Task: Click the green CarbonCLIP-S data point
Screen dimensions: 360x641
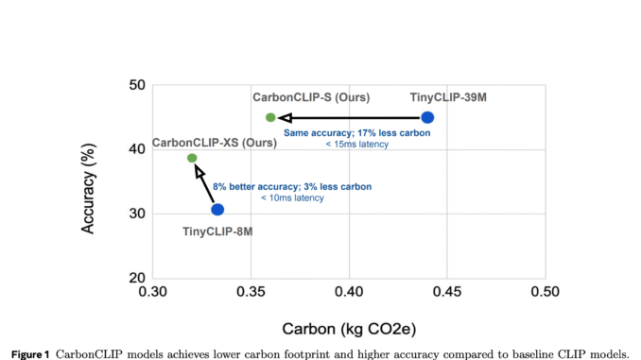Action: tap(270, 117)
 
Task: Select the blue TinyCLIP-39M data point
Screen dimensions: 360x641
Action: tap(427, 117)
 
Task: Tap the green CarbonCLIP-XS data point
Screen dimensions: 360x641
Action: tap(192, 158)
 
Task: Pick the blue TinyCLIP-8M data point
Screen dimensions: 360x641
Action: tap(217, 210)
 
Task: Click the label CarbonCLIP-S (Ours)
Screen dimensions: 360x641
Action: tap(310, 97)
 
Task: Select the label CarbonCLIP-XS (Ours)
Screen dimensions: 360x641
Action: tap(215, 143)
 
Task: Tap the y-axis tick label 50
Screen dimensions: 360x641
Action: tap(136, 86)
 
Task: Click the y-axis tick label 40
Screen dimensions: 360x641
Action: tap(136, 149)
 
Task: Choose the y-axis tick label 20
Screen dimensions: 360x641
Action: tap(136, 278)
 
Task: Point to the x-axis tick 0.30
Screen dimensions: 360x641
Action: tap(153, 293)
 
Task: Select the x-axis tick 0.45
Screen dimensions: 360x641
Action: tap(446, 293)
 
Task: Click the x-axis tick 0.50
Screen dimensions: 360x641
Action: tap(544, 293)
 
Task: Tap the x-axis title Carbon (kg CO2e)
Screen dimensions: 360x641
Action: tap(348, 330)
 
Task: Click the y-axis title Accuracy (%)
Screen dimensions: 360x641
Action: tap(89, 181)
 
